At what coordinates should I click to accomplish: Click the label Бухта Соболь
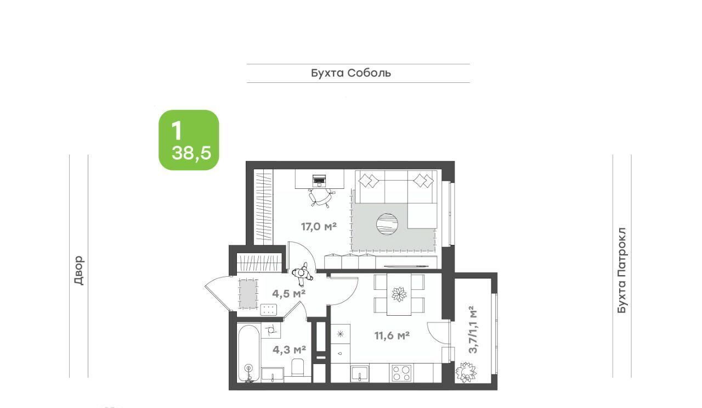[351, 73]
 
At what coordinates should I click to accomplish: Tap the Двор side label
[79, 270]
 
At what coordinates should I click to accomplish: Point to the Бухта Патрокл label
[622, 270]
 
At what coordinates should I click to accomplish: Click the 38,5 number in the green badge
[191, 153]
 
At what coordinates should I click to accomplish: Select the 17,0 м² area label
[319, 226]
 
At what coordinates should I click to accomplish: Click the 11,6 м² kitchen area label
[392, 336]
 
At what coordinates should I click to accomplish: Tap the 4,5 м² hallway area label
[288, 294]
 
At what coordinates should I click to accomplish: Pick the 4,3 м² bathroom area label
[289, 349]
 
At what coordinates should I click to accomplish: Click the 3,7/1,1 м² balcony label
[473, 329]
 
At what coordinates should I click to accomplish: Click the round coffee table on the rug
[387, 224]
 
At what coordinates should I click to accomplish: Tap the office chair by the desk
[320, 198]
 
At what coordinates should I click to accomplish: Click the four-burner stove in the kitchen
[401, 373]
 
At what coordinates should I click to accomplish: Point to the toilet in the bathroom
[297, 367]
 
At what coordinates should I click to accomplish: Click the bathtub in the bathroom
[249, 354]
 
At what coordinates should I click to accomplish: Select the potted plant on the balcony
[466, 372]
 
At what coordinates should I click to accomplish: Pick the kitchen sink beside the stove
[360, 373]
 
